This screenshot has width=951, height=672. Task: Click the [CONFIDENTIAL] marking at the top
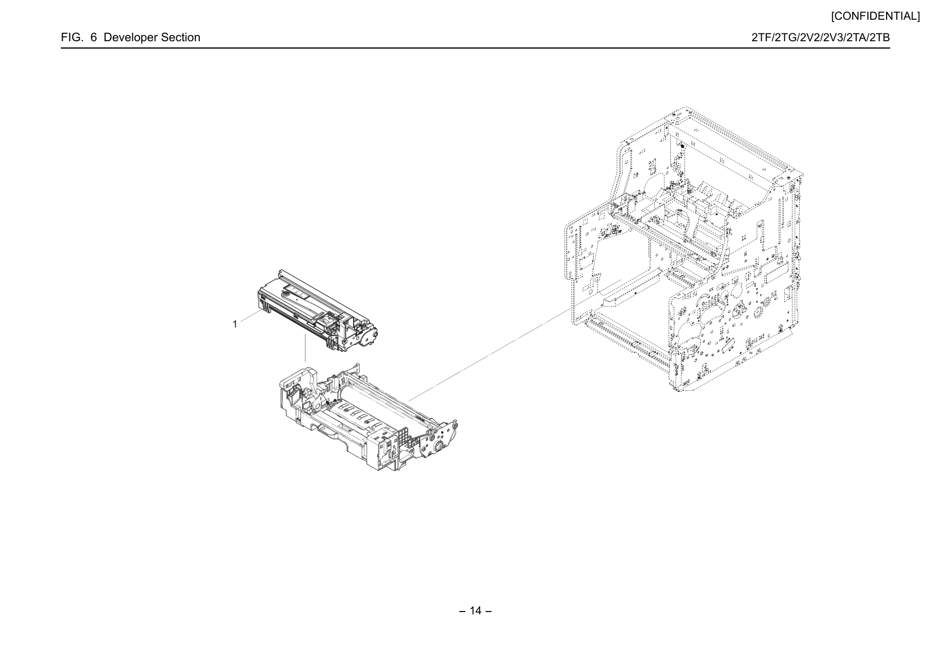(x=875, y=16)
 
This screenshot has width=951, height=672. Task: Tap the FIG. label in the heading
(x=72, y=37)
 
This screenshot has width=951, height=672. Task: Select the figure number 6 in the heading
(x=93, y=37)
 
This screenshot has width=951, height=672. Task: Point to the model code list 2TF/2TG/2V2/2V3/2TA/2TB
(x=820, y=37)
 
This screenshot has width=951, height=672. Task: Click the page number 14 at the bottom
(x=476, y=610)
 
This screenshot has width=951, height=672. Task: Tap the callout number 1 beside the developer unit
(x=235, y=324)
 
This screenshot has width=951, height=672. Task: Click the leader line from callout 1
(x=251, y=316)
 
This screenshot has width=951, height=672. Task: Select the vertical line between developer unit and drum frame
(x=306, y=348)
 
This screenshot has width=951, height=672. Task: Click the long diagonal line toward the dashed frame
(x=514, y=340)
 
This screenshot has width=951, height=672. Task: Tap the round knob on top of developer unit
(x=285, y=292)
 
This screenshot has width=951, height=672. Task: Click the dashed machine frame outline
(x=683, y=248)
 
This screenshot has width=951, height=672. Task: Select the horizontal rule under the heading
(x=476, y=48)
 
